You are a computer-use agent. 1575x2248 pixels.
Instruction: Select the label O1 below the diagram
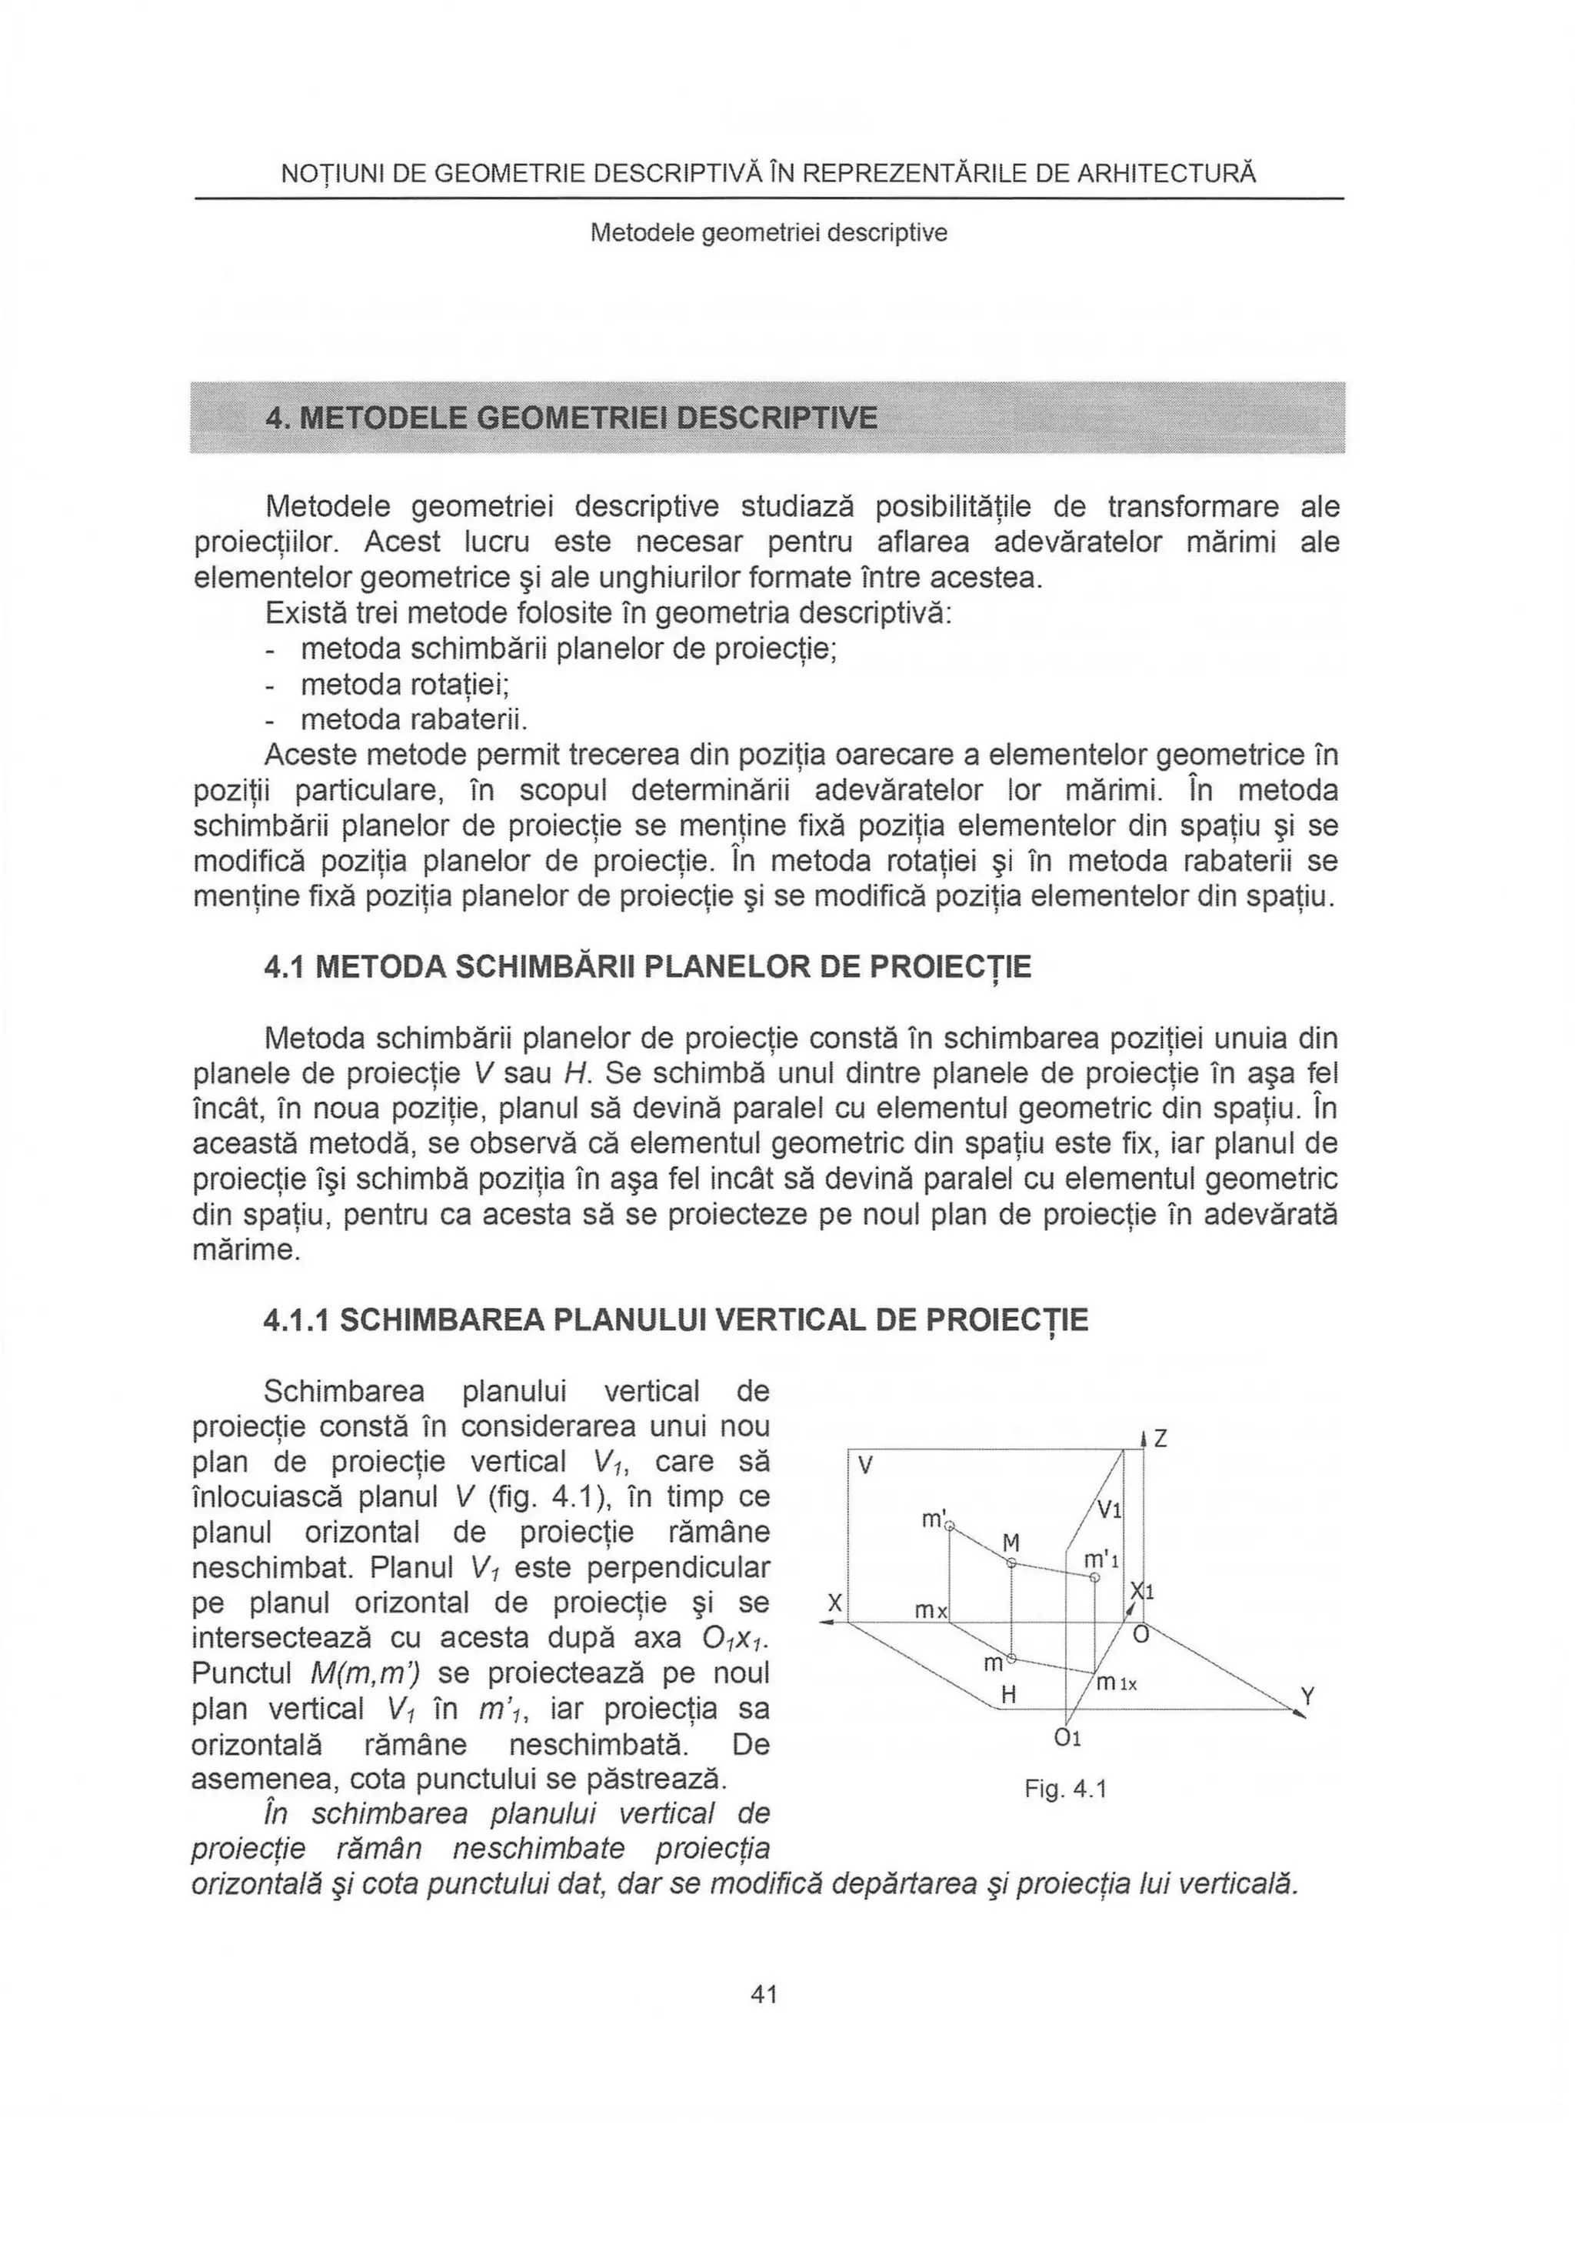point(1068,1738)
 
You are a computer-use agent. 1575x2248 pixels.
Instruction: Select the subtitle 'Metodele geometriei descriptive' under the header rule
point(768,233)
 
